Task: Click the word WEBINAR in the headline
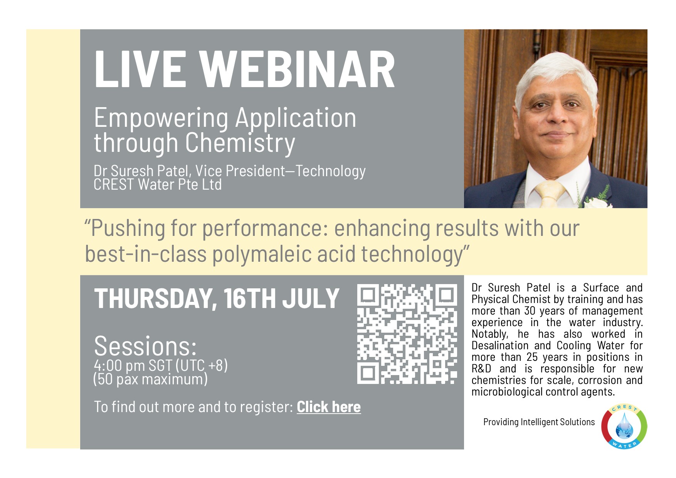pyautogui.click(x=297, y=70)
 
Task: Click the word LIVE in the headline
pyautogui.click(x=140, y=70)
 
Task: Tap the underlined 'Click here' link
pyautogui.click(x=329, y=407)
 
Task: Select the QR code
pyautogui.click(x=407, y=334)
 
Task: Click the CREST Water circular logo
pyautogui.click(x=624, y=426)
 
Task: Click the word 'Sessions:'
pyautogui.click(x=145, y=346)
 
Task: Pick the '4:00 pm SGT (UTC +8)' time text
pyautogui.click(x=161, y=365)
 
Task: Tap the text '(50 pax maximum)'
pyautogui.click(x=150, y=379)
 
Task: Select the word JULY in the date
pyautogui.click(x=311, y=299)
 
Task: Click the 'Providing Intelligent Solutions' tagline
pyautogui.click(x=539, y=422)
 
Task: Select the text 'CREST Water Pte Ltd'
pyautogui.click(x=158, y=185)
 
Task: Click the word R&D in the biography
pyautogui.click(x=481, y=369)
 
